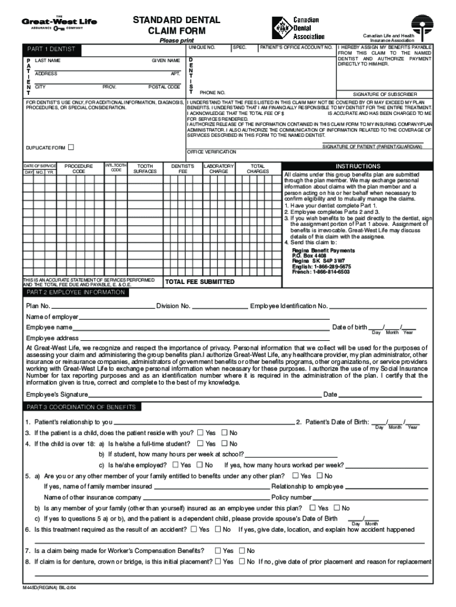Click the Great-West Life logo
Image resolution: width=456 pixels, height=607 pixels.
59,23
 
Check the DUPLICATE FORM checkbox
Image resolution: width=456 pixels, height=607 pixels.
72,147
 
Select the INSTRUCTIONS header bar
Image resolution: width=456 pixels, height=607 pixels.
358,167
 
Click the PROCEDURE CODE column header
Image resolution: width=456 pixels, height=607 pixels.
79,168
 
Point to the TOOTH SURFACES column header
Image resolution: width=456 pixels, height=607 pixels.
145,168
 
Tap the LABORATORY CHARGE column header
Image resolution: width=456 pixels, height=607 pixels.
219,168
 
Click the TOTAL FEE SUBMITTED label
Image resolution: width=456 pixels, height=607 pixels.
200,282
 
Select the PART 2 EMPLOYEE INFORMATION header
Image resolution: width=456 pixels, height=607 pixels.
74,293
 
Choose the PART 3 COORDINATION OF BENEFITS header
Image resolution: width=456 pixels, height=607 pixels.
82,407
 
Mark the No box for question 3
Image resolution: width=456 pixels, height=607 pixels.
224,433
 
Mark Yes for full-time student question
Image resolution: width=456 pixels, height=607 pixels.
200,443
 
